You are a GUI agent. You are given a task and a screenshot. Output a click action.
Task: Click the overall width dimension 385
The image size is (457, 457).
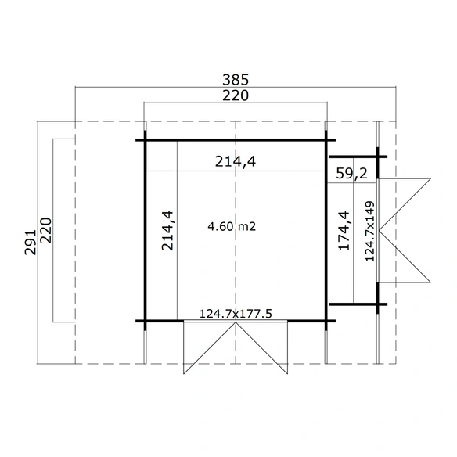(x=236, y=80)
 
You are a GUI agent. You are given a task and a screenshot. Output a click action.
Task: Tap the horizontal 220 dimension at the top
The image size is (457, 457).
(x=236, y=95)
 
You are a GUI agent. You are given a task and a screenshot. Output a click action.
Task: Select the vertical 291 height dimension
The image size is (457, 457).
(x=31, y=243)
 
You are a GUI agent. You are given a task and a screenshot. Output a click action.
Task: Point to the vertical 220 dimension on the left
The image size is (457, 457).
(x=46, y=230)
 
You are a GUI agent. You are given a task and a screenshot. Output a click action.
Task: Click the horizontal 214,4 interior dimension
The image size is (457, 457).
(x=236, y=161)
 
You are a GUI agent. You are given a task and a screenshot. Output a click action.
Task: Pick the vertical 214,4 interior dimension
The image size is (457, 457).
(x=167, y=231)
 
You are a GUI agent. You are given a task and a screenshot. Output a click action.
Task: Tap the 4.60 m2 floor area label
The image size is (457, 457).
(x=232, y=226)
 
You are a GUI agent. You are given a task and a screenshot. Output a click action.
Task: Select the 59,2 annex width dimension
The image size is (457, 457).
(x=352, y=174)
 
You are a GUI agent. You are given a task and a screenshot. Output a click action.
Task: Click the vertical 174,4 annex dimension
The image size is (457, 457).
(x=344, y=231)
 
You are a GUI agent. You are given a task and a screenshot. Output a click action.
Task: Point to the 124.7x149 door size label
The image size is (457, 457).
(x=370, y=231)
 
